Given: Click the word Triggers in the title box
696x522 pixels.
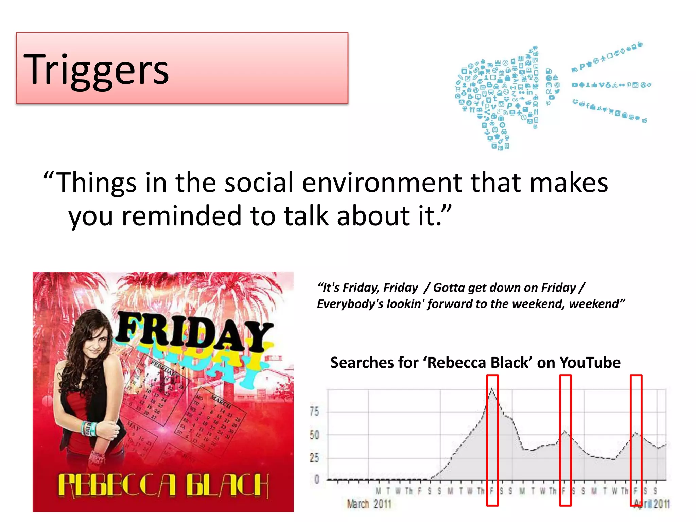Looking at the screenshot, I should [96, 70].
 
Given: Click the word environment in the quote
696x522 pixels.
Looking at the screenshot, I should [382, 182].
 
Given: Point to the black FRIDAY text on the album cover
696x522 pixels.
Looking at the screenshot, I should [194, 333].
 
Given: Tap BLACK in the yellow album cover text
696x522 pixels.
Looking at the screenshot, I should [227, 485].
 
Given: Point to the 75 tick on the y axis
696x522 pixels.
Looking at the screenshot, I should [314, 412].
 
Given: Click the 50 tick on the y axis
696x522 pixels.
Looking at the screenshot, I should [314, 435].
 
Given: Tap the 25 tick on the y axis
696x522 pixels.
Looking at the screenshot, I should [314, 458].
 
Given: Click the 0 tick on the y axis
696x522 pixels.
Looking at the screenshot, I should [316, 480].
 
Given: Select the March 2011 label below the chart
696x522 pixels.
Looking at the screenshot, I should [369, 504].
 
